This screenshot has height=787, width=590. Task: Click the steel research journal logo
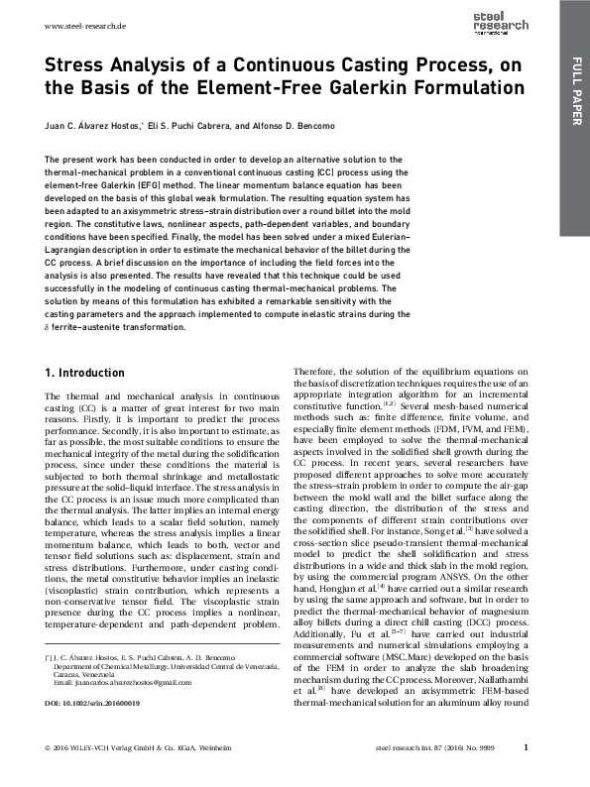pyautogui.click(x=516, y=23)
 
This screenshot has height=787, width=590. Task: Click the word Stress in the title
pyautogui.click(x=78, y=65)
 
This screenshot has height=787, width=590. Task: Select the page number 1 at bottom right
pyautogui.click(x=526, y=775)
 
